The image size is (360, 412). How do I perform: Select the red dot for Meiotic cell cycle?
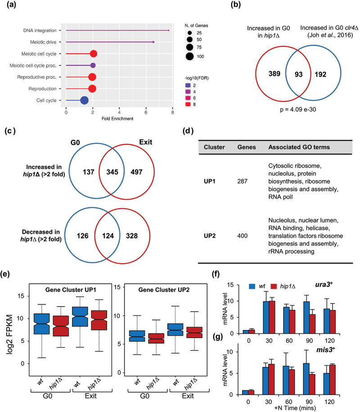(x=93, y=54)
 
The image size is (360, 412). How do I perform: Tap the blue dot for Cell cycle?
(x=84, y=100)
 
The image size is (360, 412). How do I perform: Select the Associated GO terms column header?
(x=298, y=147)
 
